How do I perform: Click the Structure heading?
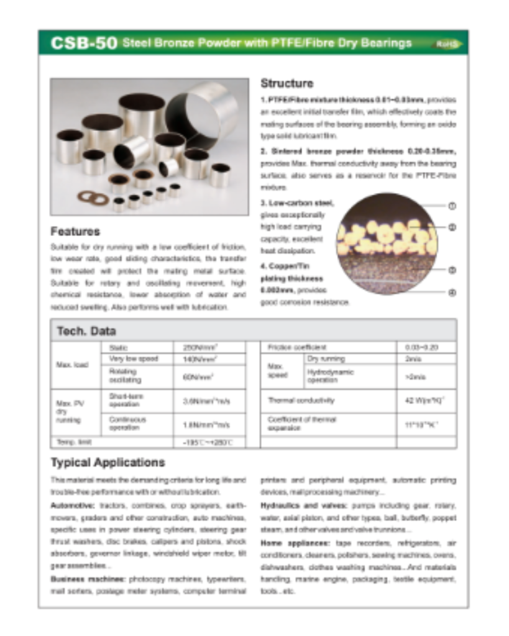pos(287,83)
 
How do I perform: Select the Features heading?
pos(75,232)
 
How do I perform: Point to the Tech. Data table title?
pos(86,331)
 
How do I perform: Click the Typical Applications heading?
pos(108,462)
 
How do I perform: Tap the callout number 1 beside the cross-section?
pos(452,206)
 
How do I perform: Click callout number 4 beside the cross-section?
pos(452,293)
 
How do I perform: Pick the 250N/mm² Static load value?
pos(198,348)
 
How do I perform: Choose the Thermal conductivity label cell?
pos(301,401)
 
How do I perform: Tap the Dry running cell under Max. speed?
pos(326,359)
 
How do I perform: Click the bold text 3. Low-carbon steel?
pos(297,202)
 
